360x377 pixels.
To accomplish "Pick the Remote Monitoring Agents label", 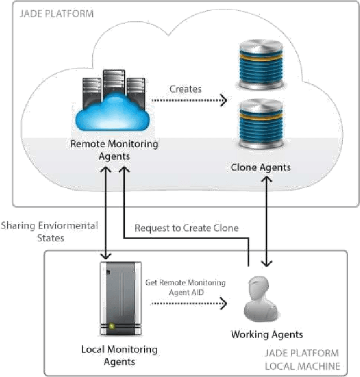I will [114, 150].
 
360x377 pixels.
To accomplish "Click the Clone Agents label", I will [260, 167].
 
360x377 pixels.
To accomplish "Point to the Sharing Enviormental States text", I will [49, 231].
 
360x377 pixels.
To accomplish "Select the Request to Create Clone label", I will [186, 228].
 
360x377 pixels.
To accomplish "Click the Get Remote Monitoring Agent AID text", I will [185, 287].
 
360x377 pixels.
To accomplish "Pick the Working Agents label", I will [267, 335].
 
